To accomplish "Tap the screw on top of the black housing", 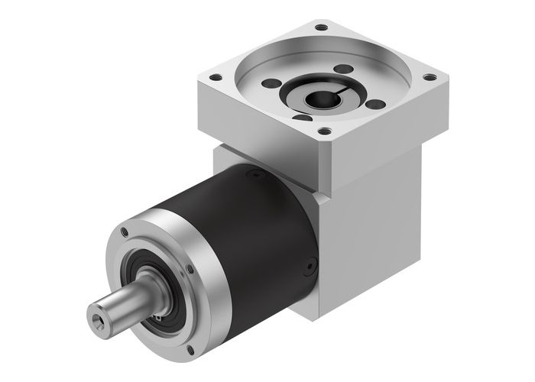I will (248, 175).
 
